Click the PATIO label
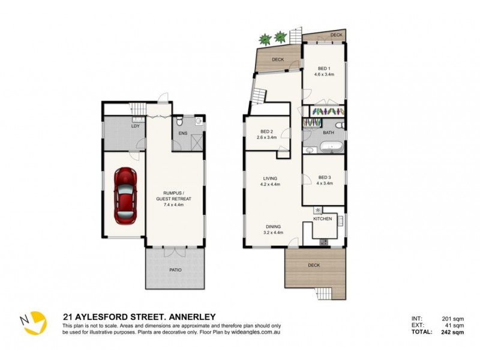point(175,269)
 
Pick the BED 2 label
point(268,131)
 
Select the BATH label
point(328,132)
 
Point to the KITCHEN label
point(322,219)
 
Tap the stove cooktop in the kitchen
point(324,242)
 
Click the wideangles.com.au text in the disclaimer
point(268,331)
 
